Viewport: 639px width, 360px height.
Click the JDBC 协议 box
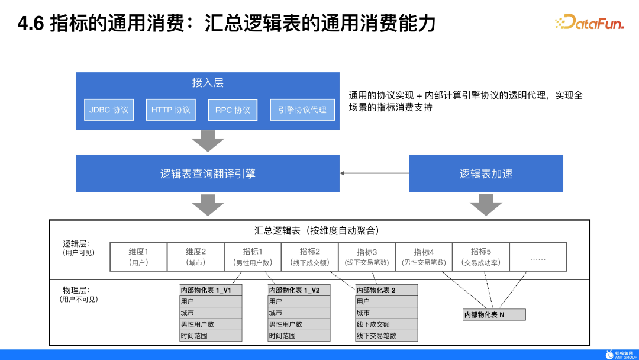tap(109, 110)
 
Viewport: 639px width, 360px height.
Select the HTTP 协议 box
tap(170, 110)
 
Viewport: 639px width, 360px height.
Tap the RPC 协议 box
tap(233, 110)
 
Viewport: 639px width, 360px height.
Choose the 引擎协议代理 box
tap(302, 110)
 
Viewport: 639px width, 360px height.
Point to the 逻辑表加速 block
tap(486, 173)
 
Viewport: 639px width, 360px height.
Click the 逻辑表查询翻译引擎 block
tap(208, 173)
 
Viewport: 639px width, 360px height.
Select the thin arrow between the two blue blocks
tap(375, 173)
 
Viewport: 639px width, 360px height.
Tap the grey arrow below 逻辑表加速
tap(486, 205)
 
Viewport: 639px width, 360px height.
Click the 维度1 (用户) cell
tap(138, 257)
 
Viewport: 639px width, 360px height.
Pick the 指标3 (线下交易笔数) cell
tap(366, 257)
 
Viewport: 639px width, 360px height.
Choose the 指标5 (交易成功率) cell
tap(480, 257)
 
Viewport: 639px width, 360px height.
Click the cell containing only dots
tap(537, 257)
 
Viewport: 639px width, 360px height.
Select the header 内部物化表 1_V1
tap(211, 290)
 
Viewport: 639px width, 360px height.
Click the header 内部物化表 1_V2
tap(299, 290)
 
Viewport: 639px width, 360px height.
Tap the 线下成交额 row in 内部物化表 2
tap(387, 324)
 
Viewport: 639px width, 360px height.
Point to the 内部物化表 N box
tap(494, 315)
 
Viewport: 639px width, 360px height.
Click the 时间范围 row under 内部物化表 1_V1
tap(211, 336)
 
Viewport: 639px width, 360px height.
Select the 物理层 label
tap(77, 291)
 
